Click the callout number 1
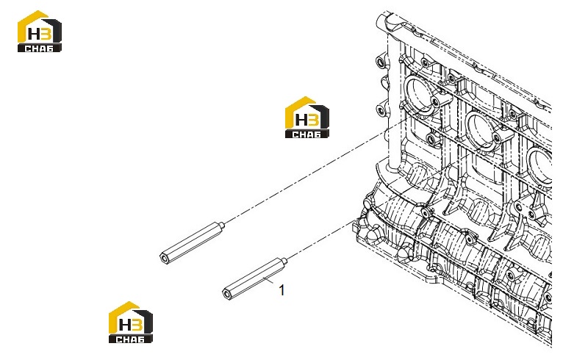[282, 290]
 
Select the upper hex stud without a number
[193, 243]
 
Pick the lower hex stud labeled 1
[255, 278]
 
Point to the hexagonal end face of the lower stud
[227, 294]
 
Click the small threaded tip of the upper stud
[222, 226]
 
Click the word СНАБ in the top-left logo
[39, 48]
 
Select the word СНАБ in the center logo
[306, 134]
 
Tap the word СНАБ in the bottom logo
[130, 339]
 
